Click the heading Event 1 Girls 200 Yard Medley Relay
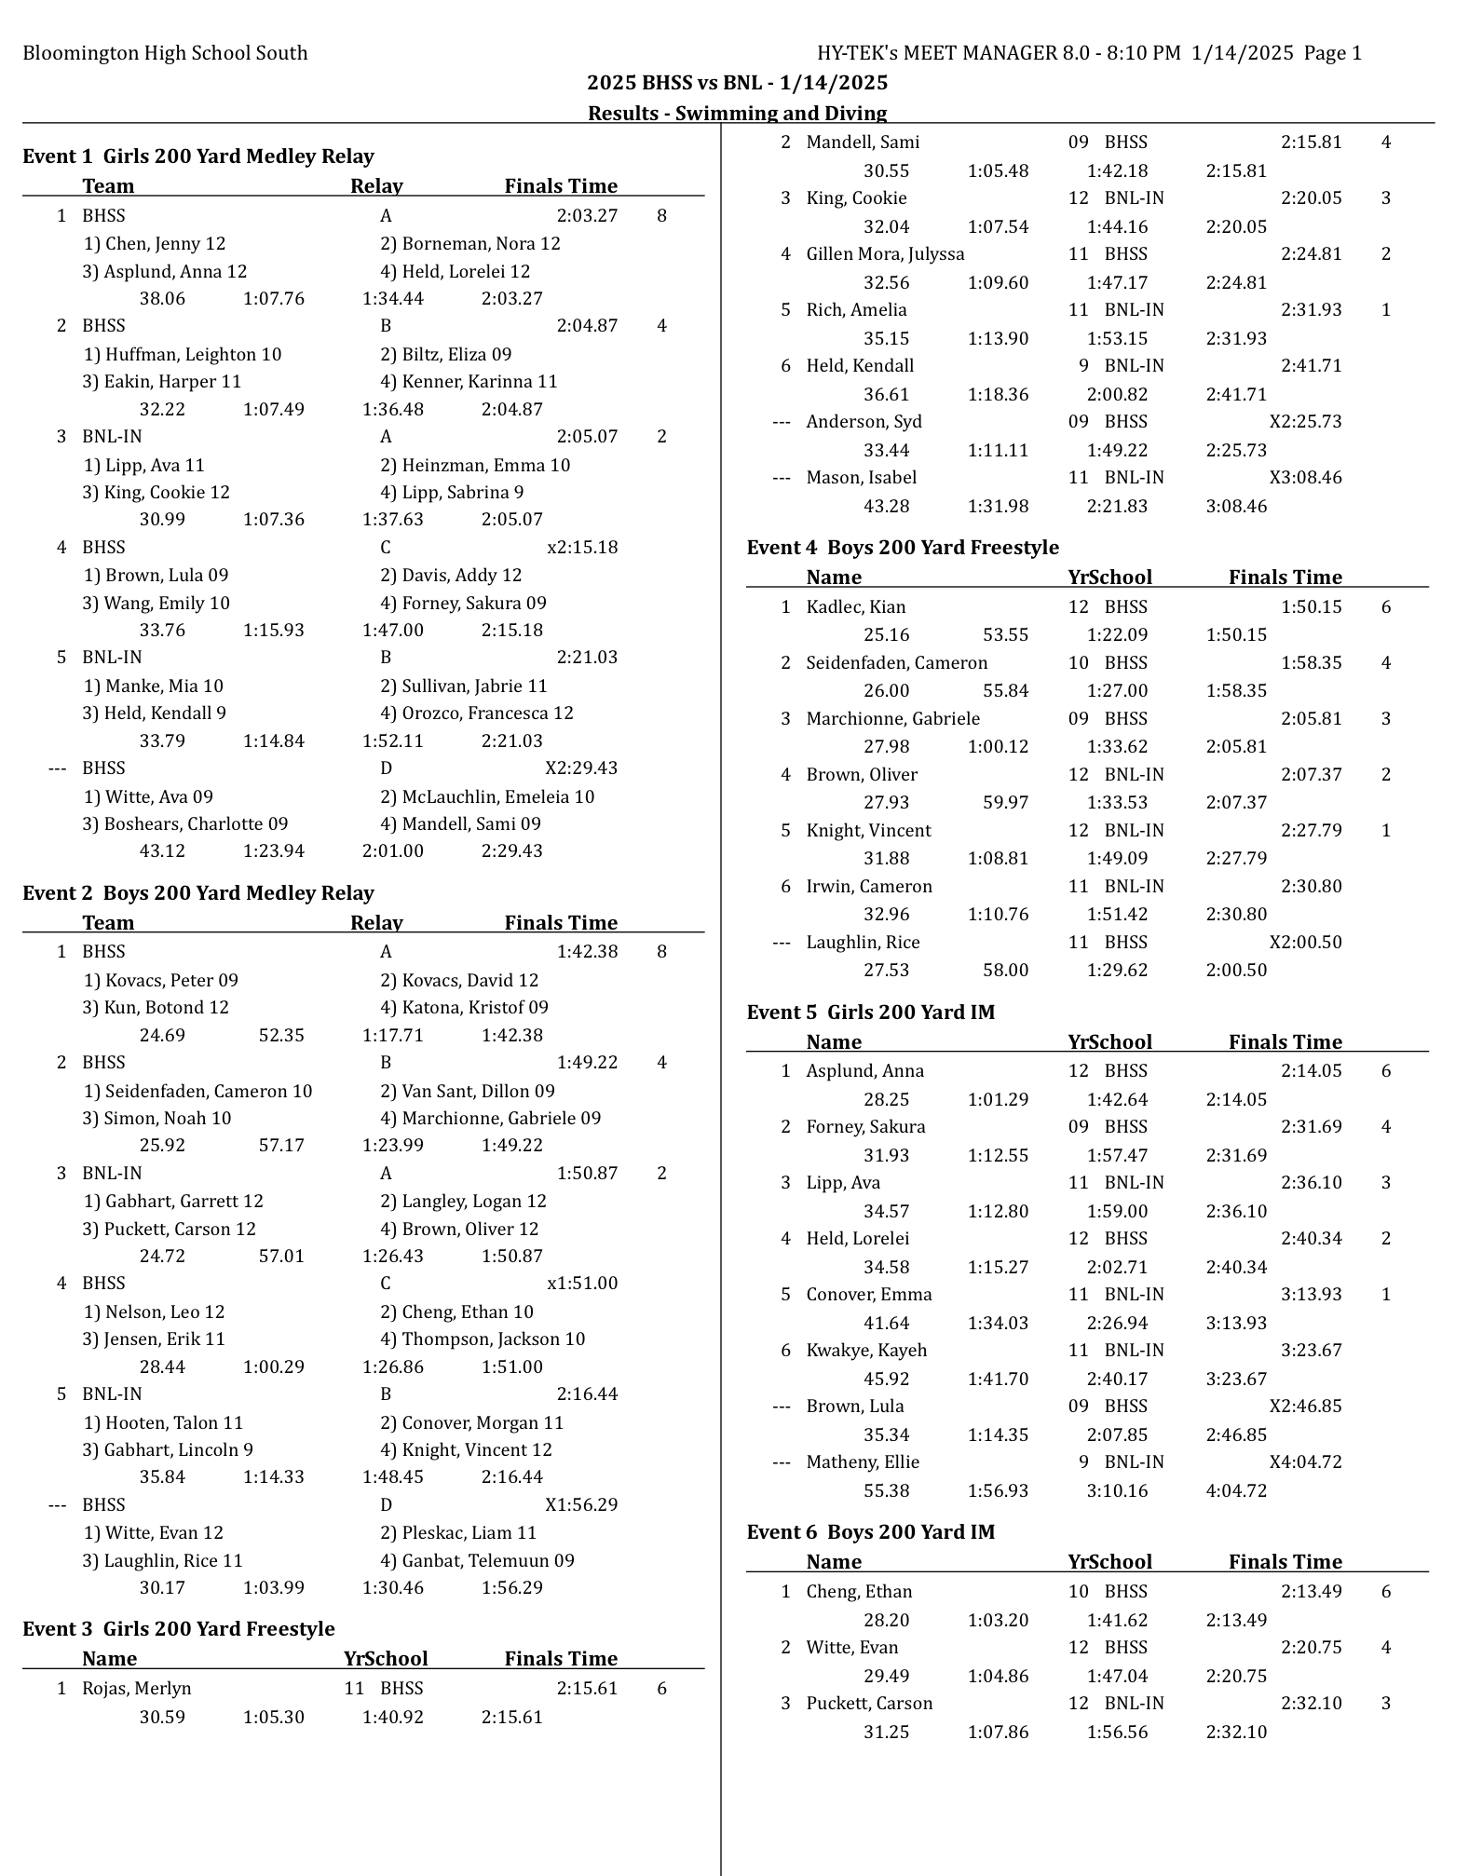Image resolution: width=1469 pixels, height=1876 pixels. (198, 156)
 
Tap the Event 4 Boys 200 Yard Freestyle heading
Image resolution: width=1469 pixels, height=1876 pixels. (903, 548)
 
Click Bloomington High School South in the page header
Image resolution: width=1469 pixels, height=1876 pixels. (165, 53)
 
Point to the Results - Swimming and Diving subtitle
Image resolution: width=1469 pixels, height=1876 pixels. (737, 114)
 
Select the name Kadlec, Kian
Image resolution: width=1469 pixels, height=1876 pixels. (855, 607)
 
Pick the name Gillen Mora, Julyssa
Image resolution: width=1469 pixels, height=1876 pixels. (885, 254)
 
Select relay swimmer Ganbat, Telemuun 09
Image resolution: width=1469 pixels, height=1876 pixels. (477, 1560)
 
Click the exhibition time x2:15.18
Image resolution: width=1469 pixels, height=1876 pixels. (582, 548)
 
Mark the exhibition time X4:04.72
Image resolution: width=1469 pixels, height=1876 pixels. (1305, 1462)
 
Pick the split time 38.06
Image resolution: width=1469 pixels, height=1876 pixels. (162, 299)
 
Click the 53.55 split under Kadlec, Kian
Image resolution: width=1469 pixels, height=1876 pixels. (1005, 635)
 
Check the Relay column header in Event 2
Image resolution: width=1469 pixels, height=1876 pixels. (376, 923)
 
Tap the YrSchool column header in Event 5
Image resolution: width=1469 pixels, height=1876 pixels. (1109, 1042)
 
